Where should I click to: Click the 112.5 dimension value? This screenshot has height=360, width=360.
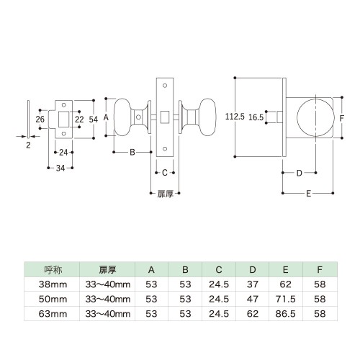click(x=235, y=117)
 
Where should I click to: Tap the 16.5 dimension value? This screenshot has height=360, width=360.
click(x=256, y=117)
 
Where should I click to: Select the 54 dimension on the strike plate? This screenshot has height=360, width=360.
click(x=94, y=120)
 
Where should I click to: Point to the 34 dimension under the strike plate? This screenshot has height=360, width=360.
click(x=60, y=168)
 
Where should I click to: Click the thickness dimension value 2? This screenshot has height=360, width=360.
click(x=28, y=145)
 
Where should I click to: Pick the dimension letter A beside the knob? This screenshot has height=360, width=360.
click(x=106, y=117)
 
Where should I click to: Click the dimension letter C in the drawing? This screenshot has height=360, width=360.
click(x=165, y=173)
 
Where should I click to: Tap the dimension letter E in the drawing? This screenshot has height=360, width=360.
click(x=309, y=194)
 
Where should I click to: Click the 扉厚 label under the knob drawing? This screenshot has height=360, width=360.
click(x=165, y=194)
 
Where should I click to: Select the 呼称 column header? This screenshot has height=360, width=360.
click(x=53, y=270)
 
